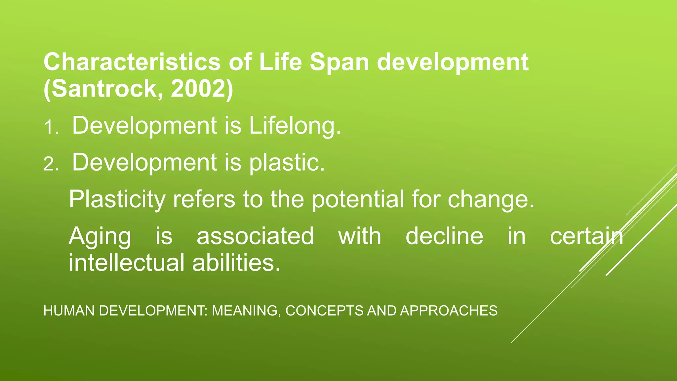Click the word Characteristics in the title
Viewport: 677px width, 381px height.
[x=132, y=62]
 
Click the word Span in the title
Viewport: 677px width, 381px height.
[x=339, y=62]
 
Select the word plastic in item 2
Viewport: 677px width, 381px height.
[x=287, y=162]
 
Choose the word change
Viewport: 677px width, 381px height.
[x=491, y=199]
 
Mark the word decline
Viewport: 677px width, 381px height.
[x=444, y=236]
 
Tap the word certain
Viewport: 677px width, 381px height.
[x=586, y=236]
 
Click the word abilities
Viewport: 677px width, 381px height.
[x=236, y=263]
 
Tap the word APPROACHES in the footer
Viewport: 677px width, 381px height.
[x=449, y=311]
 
